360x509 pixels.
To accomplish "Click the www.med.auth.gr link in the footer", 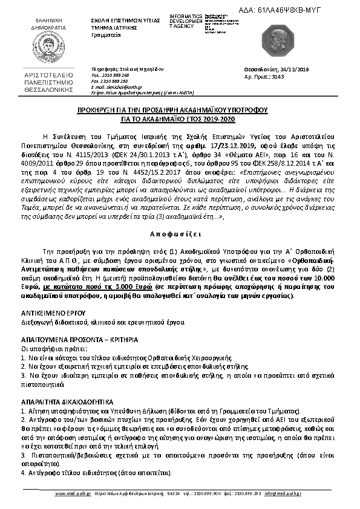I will pos(73,493).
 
